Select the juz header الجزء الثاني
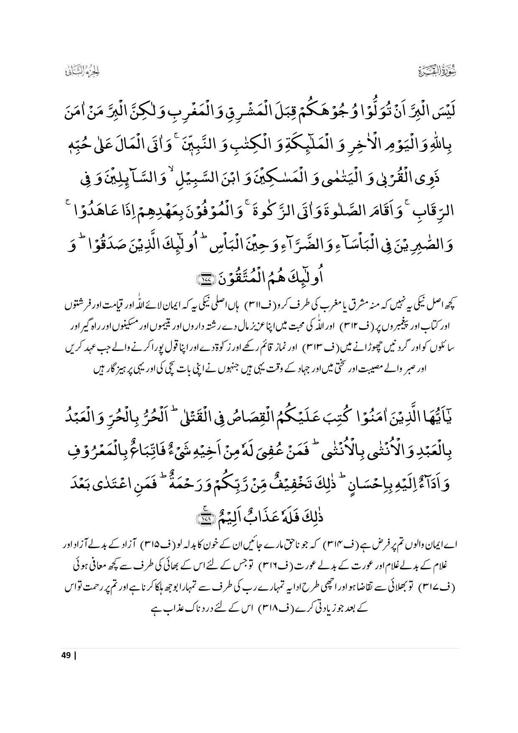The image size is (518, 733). click(x=84, y=71)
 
